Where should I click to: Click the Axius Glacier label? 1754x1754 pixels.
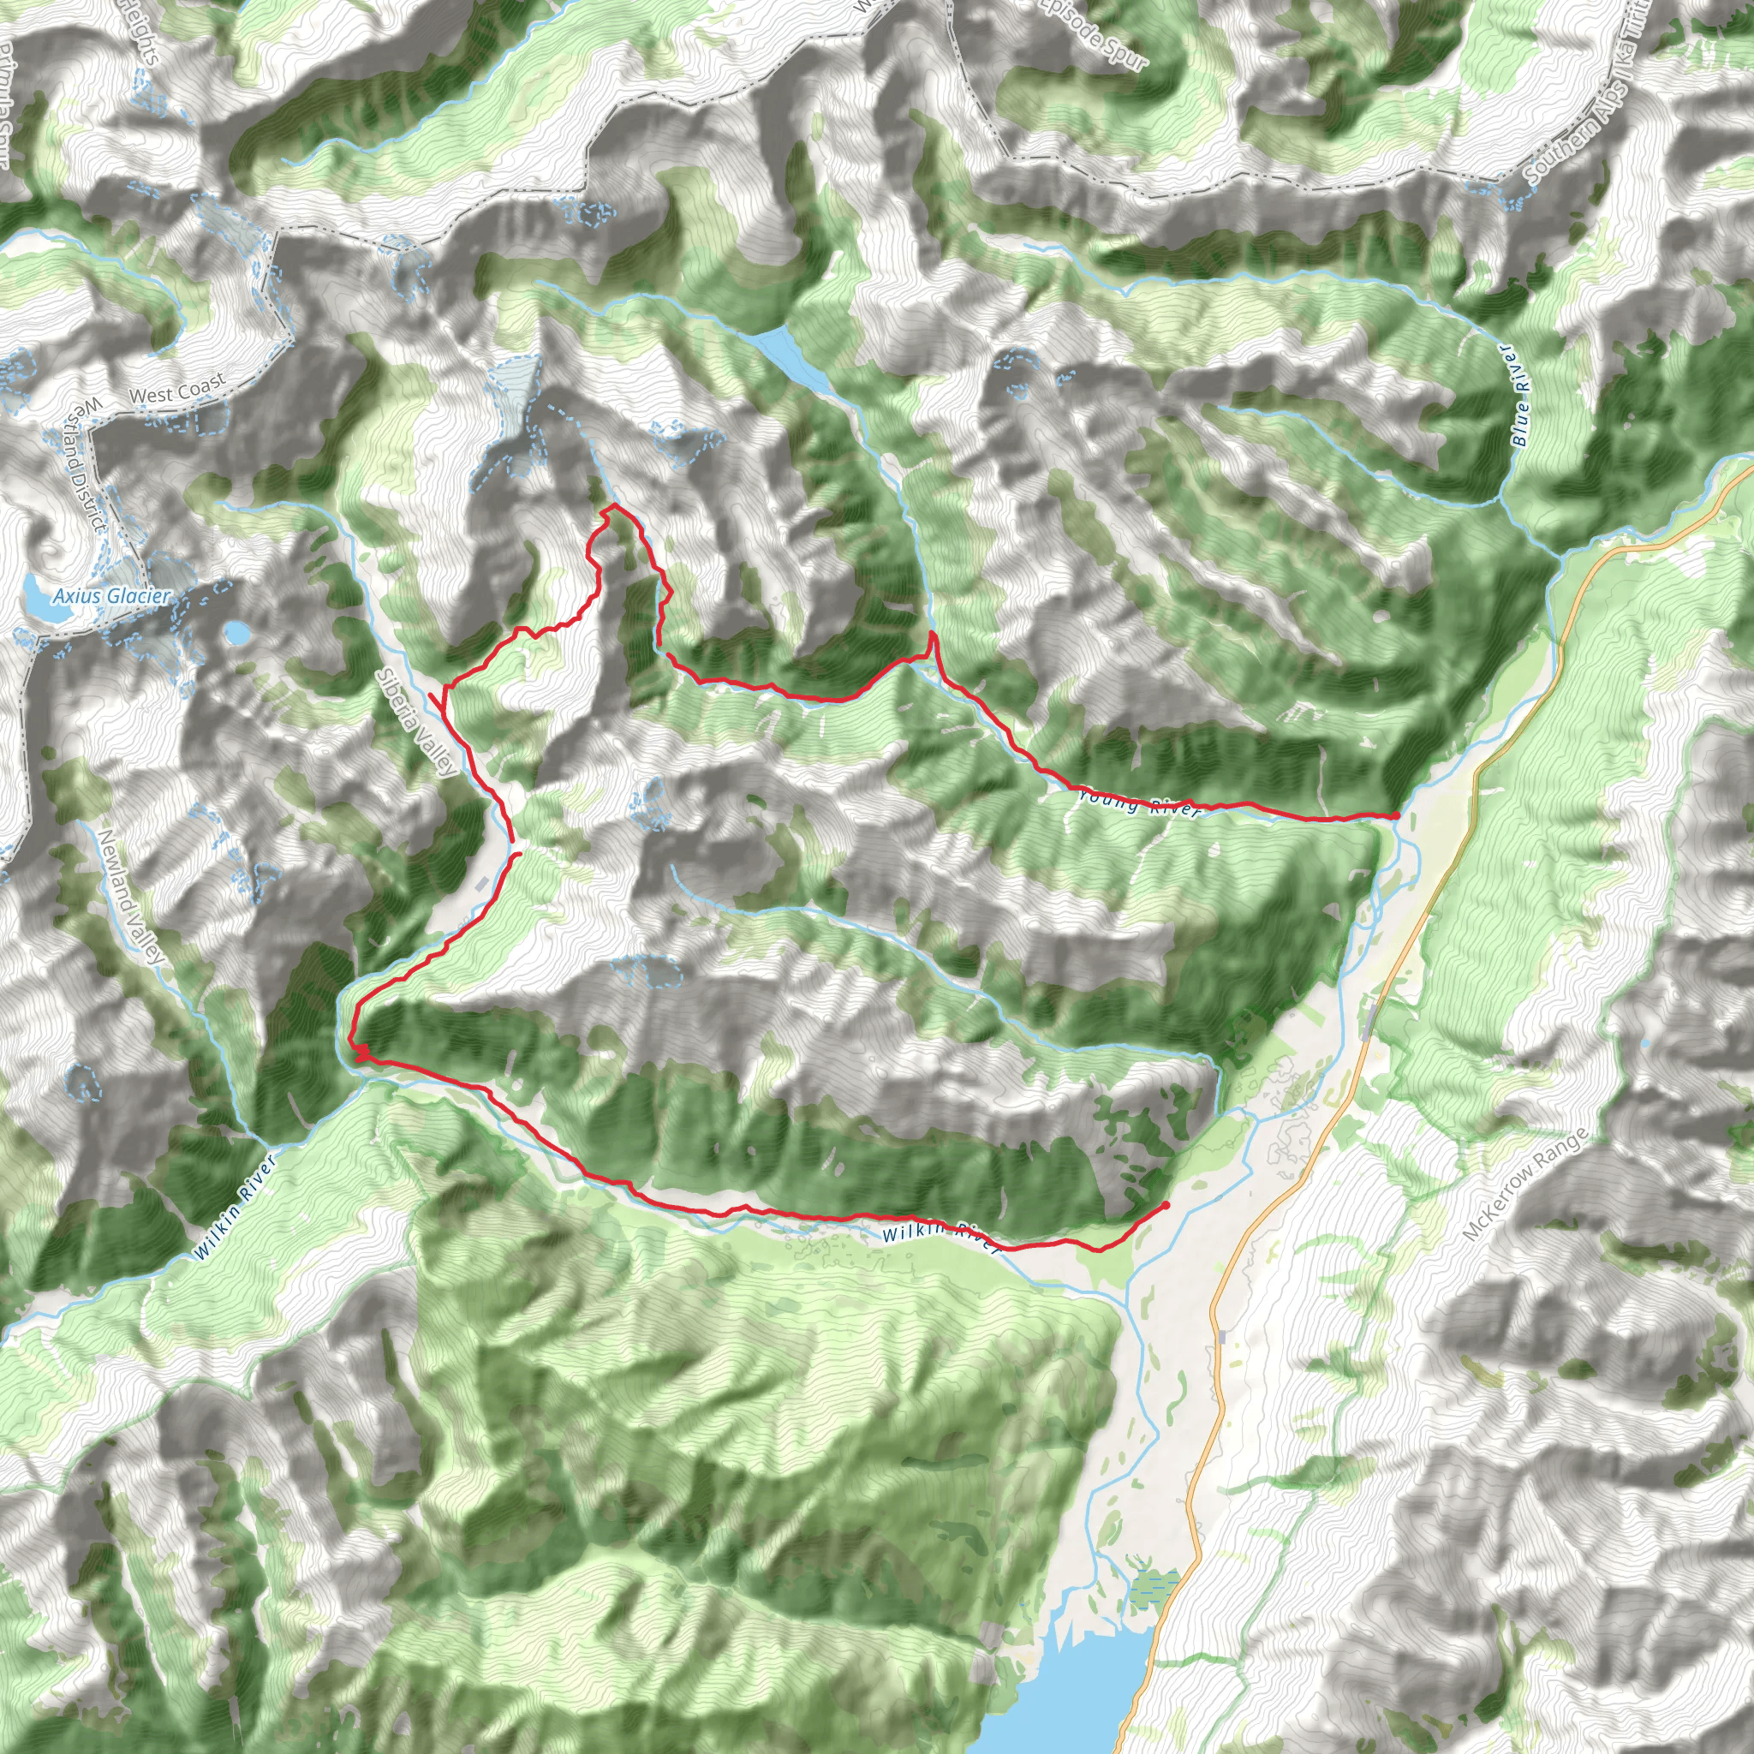110,595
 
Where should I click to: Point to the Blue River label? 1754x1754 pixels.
1523,394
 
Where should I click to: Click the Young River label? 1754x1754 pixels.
1139,803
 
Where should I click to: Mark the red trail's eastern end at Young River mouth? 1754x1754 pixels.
1395,816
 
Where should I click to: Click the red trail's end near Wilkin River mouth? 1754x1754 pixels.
1165,1204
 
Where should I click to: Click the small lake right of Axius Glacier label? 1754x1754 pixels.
239,632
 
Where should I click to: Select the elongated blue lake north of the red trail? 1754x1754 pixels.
791,356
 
